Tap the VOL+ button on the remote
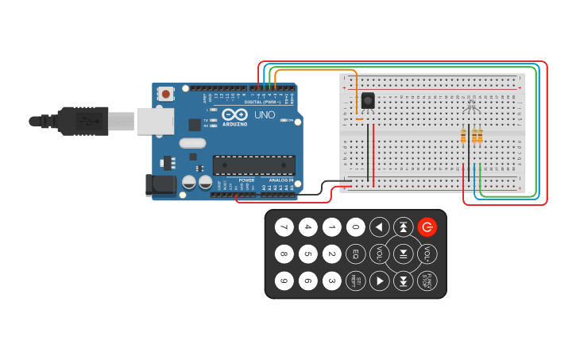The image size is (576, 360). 427,254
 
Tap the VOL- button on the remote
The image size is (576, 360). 380,254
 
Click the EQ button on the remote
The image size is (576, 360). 356,254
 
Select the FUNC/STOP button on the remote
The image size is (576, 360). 427,281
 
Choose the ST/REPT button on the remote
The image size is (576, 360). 356,281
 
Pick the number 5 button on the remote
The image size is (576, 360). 308,254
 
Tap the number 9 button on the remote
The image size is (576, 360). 284,281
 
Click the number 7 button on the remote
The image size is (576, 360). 284,228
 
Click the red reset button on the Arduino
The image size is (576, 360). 165,94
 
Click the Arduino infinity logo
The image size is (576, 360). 234,114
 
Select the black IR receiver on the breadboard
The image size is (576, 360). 368,101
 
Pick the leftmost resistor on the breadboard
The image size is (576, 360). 463,137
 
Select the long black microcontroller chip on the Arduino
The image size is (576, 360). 253,165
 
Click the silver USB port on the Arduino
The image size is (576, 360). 155,121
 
